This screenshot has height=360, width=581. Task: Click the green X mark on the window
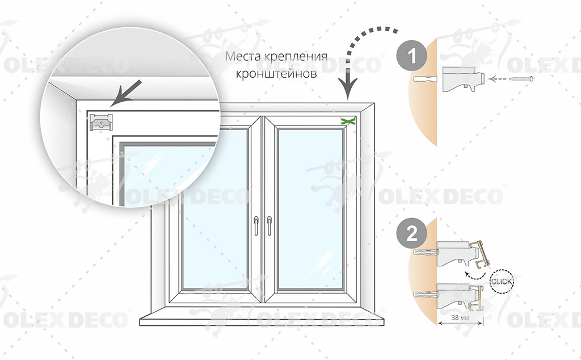coord(348,121)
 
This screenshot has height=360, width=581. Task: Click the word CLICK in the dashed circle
coord(502,280)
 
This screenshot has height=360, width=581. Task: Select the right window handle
coord(268,225)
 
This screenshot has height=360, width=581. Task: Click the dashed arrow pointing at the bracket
coord(502,79)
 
